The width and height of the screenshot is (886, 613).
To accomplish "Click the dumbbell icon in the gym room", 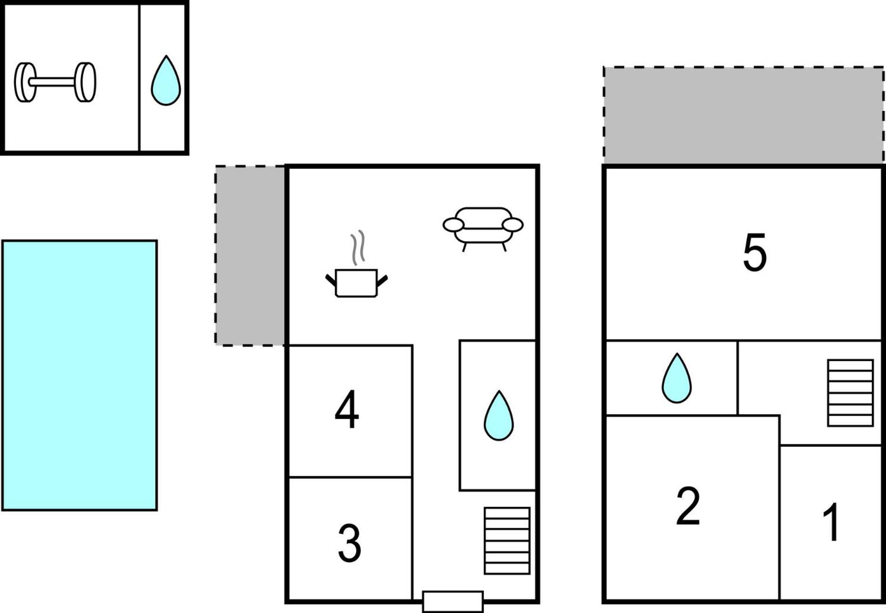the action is tap(55, 82).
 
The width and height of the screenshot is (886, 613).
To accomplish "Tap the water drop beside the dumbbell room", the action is tap(166, 81).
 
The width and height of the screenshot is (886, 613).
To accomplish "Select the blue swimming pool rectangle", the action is tap(80, 375).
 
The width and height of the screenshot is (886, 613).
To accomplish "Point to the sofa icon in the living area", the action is tap(483, 229).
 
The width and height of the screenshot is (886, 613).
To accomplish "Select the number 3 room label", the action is tap(350, 543).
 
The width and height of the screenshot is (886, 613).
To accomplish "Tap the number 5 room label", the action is tap(755, 252).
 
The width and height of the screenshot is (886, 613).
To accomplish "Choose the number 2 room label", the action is tap(688, 506).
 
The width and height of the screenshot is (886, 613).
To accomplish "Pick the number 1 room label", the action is tap(831, 522).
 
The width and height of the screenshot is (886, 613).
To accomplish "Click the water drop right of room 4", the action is tap(499, 416).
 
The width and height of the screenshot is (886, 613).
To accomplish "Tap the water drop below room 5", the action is tap(677, 378).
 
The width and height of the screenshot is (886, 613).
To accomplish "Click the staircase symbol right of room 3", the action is tap(507, 541).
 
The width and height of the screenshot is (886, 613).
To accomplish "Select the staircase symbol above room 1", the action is tap(850, 393).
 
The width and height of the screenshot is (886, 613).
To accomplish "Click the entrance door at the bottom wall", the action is tap(453, 601).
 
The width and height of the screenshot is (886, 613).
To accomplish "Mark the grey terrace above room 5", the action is tap(743, 115).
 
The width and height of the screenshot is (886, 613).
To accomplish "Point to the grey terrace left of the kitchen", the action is tap(250, 255).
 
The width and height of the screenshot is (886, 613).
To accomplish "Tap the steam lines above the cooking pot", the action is tap(358, 248).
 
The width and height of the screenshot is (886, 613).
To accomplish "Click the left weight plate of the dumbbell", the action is tap(24, 82).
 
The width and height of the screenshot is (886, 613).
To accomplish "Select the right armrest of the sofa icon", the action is tap(513, 225).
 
